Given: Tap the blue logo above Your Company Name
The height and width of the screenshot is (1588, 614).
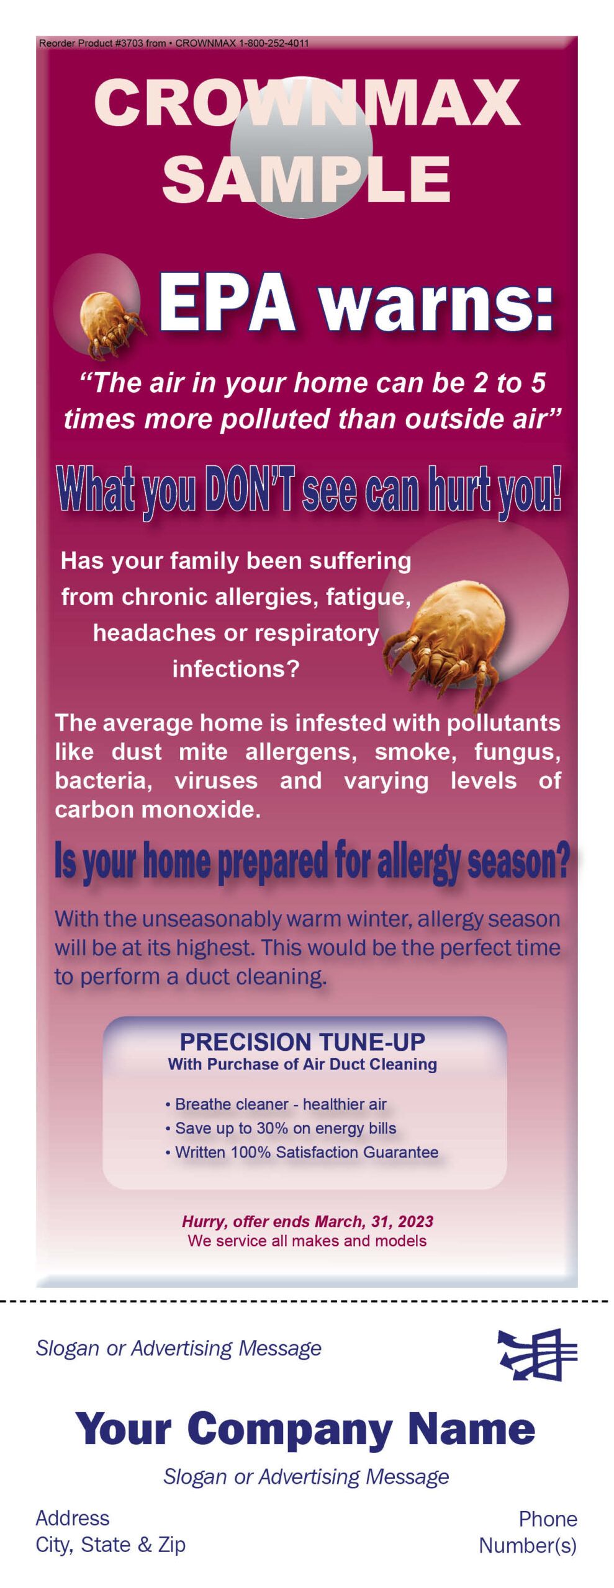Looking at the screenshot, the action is click(x=538, y=1354).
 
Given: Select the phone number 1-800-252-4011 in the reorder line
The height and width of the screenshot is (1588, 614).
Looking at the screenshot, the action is click(x=274, y=43).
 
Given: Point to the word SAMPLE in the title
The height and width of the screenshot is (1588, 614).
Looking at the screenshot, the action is click(x=306, y=179).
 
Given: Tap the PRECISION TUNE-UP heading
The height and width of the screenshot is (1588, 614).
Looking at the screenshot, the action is click(x=302, y=1042).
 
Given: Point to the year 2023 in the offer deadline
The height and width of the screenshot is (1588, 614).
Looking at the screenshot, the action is click(x=415, y=1221).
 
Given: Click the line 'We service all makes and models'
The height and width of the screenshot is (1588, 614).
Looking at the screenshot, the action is click(x=307, y=1241).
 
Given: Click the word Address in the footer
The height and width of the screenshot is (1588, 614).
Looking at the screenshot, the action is click(x=73, y=1518).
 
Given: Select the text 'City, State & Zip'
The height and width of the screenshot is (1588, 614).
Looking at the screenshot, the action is click(x=111, y=1545).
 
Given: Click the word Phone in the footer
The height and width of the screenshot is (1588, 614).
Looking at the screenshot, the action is click(x=548, y=1519).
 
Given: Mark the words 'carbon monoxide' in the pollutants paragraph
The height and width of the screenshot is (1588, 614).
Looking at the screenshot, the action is click(x=158, y=809).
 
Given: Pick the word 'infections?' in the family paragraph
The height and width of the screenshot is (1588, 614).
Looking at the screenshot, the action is click(x=236, y=669).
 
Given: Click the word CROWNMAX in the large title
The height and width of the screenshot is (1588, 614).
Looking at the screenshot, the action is click(x=307, y=102).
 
